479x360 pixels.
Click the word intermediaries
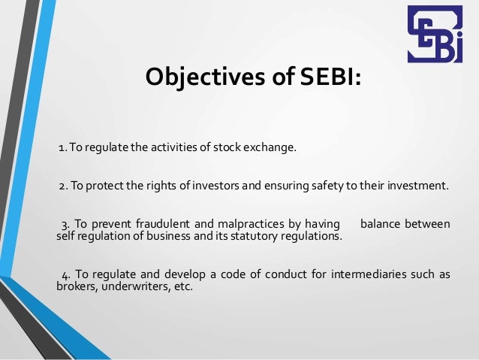pyautogui.click(x=353, y=274)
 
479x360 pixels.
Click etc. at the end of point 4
pyautogui.click(x=179, y=286)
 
